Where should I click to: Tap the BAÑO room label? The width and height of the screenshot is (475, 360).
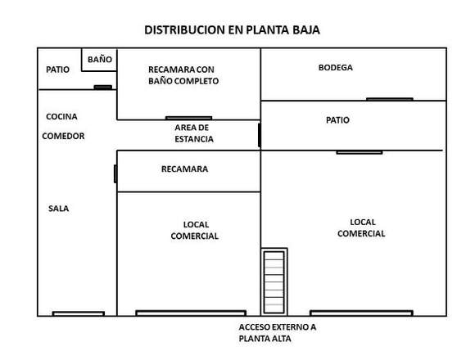pos(100,59)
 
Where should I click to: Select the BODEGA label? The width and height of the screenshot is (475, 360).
pos(335,67)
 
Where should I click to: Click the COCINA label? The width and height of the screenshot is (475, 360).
pos(61,116)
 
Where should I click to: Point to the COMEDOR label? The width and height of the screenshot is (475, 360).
pos(63,136)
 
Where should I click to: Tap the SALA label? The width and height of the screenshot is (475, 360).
pos(58,209)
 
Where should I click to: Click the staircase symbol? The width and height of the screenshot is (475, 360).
pos(274,282)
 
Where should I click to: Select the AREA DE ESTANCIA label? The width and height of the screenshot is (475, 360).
pos(194,133)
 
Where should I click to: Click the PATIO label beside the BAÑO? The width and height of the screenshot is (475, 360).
pos(57,70)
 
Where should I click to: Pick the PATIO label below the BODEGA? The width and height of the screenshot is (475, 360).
pos(337,120)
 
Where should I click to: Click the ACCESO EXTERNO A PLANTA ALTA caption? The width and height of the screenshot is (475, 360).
pos(277,333)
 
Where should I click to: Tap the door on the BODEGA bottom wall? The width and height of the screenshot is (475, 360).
pos(390,99)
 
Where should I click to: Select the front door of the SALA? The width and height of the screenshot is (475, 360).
pos(79,313)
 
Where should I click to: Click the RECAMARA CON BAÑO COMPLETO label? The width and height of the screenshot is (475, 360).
pos(183,75)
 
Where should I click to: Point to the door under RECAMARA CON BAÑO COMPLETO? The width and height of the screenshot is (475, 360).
pos(188,118)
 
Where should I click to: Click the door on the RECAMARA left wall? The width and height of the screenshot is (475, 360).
pos(115,174)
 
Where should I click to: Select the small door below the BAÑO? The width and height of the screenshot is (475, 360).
pos(102,88)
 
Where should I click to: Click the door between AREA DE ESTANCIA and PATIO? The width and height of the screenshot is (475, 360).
pos(260,135)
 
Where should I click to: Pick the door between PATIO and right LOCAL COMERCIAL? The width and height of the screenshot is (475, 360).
pos(360,152)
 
